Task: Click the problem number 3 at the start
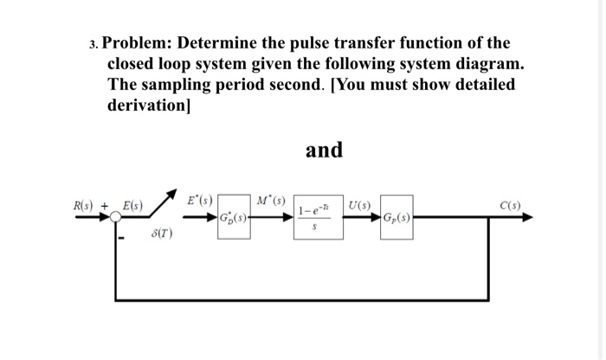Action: [x=93, y=44]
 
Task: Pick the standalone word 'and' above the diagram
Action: [x=324, y=150]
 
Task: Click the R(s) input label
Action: [x=84, y=206]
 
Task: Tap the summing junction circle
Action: [x=113, y=218]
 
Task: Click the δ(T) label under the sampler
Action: [x=162, y=234]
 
